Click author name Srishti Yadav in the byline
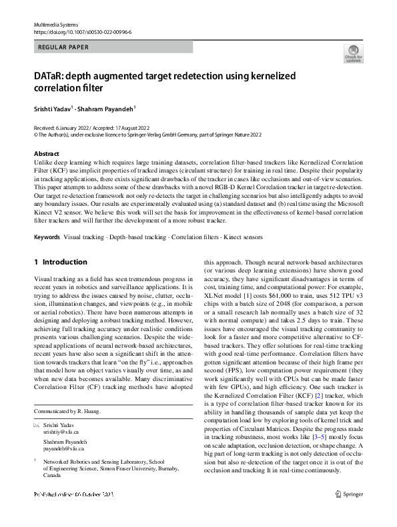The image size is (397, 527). (x=53, y=109)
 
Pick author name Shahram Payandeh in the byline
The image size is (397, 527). (x=104, y=109)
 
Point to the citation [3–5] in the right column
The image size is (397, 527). (x=310, y=424)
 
